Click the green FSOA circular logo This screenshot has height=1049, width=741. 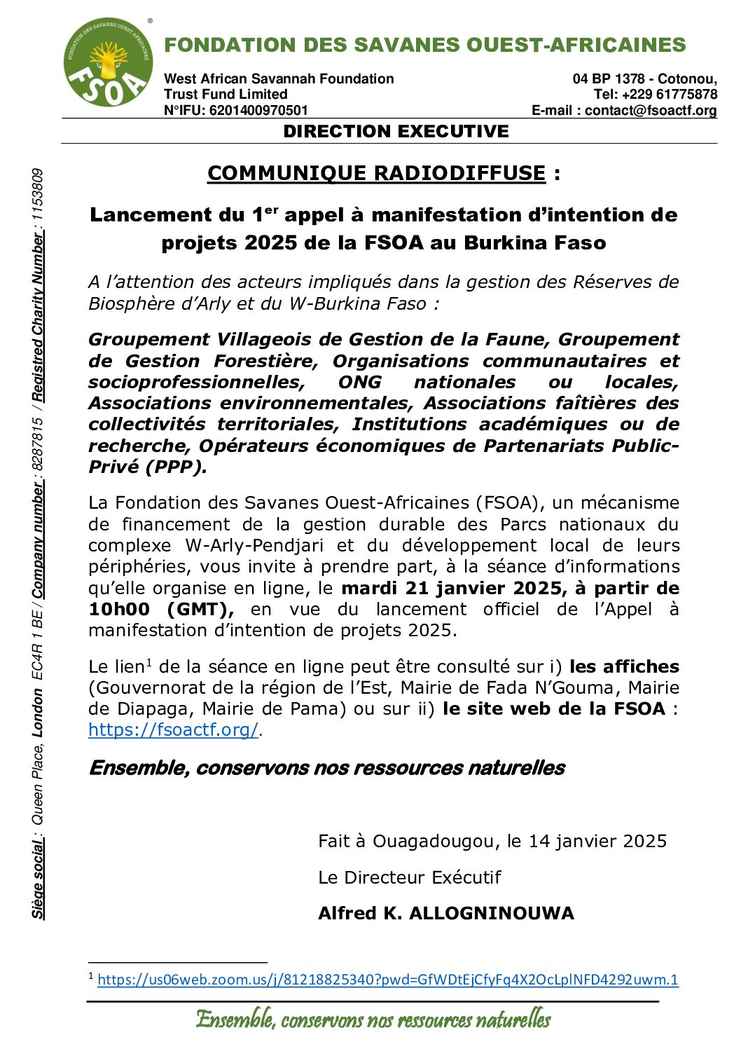pos(108,62)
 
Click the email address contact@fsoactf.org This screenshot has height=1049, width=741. pos(651,110)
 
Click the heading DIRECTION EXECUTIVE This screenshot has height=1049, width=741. pos(396,132)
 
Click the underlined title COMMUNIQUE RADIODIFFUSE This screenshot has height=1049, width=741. pos(376,173)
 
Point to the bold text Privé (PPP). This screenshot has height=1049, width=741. pos(148,467)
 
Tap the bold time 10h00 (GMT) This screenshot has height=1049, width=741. pos(161,609)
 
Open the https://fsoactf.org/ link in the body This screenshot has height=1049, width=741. pos(173,729)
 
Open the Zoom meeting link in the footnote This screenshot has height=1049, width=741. pos(387,980)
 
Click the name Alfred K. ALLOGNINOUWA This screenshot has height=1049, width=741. pos(445,913)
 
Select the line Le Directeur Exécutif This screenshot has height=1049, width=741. pos(409,877)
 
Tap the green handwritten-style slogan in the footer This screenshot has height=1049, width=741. pos(373,1019)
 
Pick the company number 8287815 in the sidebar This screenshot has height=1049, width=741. pos(38,445)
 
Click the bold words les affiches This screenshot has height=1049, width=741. pos(624,666)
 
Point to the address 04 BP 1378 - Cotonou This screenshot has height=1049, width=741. pos(644,78)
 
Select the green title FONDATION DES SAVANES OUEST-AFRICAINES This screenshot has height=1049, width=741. pos(424,45)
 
